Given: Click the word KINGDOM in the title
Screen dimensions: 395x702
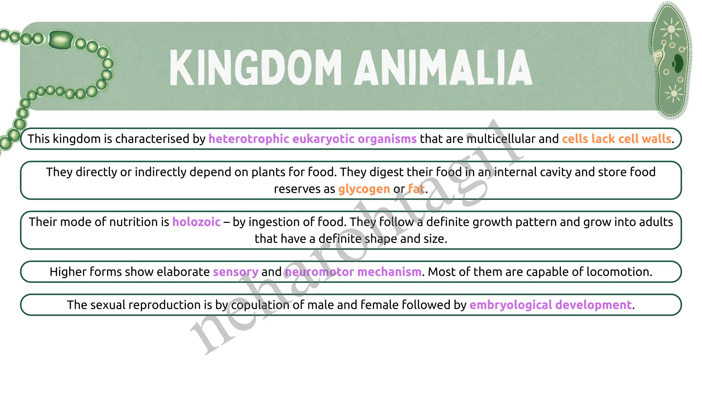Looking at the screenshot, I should coord(255,67).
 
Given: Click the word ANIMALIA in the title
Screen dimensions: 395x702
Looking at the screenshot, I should coord(443,67).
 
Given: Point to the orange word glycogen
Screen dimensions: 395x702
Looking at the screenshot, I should coord(364,189).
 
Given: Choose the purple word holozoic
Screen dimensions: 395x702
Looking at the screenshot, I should coord(196,222).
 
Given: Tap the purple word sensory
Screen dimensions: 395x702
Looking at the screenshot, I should coord(235,272).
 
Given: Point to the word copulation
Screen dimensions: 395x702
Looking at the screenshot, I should coord(260,305).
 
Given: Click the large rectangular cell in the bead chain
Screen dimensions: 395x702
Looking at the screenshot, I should coord(61,40).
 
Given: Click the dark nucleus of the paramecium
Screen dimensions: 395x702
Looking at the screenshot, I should coord(678,63).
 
